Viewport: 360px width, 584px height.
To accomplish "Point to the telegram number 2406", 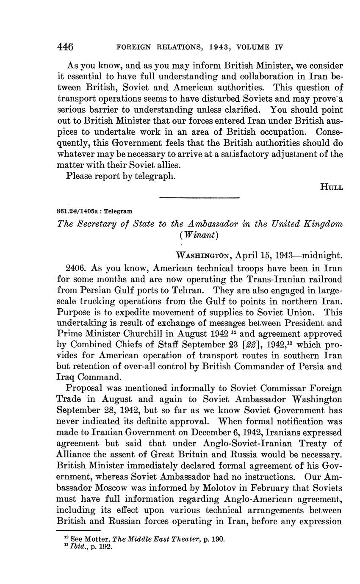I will [77, 268].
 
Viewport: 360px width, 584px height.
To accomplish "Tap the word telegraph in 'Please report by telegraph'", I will [154, 176].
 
